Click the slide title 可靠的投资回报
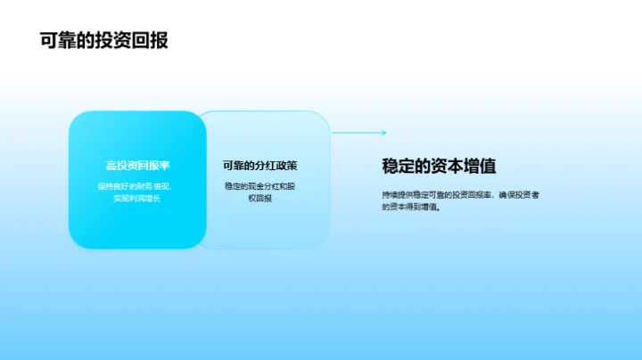tap(104, 40)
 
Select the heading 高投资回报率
tap(137, 166)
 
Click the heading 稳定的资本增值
tap(439, 167)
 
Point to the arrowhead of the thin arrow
tap(383, 133)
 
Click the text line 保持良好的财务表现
tap(137, 186)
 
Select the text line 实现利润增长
tap(136, 198)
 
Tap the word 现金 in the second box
tap(259, 186)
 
